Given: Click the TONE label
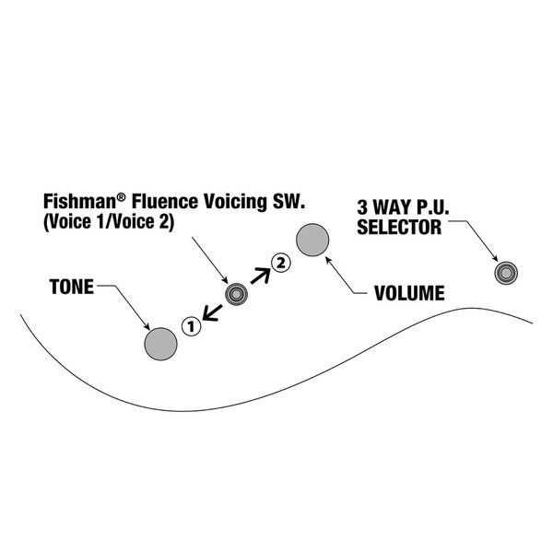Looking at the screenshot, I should click(70, 287).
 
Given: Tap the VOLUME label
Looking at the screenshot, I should click(409, 294).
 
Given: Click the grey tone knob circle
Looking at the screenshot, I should click(160, 344).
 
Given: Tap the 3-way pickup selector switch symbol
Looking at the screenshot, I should click(506, 272).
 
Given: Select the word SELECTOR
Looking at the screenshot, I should click(404, 226).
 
